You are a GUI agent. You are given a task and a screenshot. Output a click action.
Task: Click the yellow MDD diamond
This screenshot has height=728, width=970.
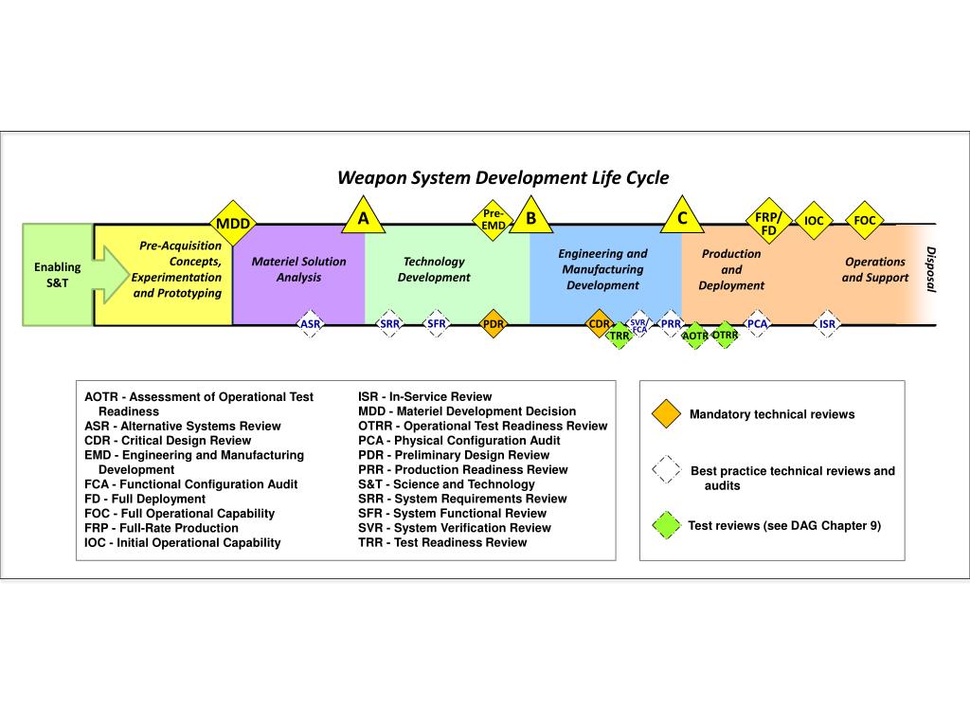coord(232,224)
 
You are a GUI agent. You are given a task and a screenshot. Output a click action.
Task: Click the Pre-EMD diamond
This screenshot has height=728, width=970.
coord(494,220)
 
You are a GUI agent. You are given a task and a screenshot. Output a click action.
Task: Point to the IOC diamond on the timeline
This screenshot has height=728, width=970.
coord(814,221)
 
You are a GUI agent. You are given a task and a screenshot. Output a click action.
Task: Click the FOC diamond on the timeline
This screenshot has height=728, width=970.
coord(864,221)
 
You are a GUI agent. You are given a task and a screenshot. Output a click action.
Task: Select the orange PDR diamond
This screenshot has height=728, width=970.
coord(494,324)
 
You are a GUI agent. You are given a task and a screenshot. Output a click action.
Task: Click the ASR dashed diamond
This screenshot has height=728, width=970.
coord(310,324)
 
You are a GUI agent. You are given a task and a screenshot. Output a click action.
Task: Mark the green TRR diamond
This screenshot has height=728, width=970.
coord(619,336)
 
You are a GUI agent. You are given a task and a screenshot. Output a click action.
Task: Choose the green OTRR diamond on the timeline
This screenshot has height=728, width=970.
coord(725,335)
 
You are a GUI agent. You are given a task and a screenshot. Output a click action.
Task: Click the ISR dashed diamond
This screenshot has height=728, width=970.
coord(827,324)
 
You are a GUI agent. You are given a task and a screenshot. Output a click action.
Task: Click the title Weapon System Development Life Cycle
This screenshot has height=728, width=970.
coord(503,178)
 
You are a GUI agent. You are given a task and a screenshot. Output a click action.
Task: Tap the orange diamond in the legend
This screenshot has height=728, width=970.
coord(667,414)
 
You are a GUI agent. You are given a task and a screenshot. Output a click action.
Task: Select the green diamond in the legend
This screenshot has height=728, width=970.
coord(667,525)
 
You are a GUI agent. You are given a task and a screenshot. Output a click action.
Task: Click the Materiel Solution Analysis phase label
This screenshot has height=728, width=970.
coord(298,269)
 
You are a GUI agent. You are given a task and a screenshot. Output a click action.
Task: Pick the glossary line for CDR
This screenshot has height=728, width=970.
coord(168,441)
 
